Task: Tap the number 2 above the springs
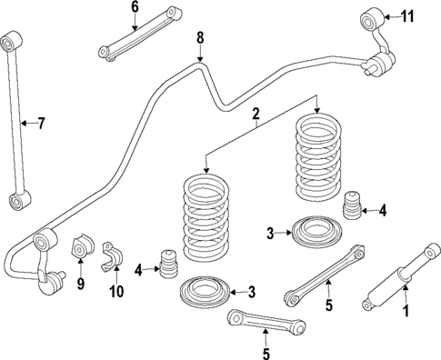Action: point(256,114)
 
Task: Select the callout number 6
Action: point(135,7)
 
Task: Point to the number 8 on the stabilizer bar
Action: point(201,38)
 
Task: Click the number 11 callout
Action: point(407,15)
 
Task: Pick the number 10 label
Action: point(115,292)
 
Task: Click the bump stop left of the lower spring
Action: point(166,262)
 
